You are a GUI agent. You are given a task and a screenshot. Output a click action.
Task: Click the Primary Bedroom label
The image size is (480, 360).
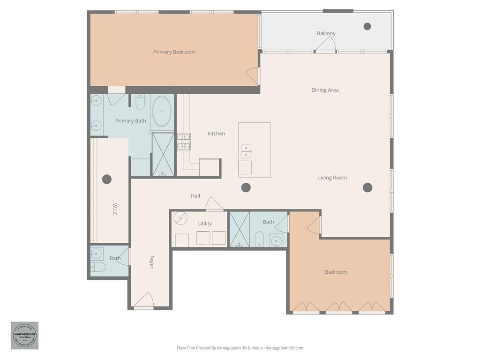tap(174, 52)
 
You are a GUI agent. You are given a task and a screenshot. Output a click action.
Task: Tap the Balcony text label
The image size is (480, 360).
tap(326, 33)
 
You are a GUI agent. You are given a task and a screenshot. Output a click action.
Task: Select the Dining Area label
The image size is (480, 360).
tap(325, 90)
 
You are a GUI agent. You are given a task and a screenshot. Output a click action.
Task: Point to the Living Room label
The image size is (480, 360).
tap(332, 178)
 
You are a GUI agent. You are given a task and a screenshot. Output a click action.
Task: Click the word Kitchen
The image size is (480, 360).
tap(216, 134)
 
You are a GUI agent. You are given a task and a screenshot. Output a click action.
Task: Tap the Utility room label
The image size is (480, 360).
tap(205, 224)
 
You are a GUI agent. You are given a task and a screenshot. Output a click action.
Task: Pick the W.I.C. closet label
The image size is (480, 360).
tap(115, 210)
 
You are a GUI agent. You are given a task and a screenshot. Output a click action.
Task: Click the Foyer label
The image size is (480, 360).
tap(151, 262)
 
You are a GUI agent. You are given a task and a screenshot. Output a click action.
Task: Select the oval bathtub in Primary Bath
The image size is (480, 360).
tap(162, 112)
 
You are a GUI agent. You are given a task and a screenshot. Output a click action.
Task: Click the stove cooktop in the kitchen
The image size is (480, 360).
tap(183, 141)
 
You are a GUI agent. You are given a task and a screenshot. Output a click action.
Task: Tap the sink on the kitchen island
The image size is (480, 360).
tap(246, 151)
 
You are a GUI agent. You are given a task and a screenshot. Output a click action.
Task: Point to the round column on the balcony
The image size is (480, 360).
tap(367, 26)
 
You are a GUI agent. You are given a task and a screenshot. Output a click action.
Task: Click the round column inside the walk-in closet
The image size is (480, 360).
tap(107, 179)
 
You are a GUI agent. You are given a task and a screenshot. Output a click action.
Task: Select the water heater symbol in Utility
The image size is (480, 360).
tap(180, 218)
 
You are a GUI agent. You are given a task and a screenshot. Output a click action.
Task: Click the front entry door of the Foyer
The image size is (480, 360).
tap(144, 301)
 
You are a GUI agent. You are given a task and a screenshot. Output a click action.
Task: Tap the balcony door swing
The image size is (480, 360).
tap(325, 44)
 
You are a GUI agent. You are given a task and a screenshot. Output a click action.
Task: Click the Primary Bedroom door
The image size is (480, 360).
tap(253, 75)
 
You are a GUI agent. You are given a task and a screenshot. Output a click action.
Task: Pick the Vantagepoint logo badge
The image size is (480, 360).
tap(25, 335)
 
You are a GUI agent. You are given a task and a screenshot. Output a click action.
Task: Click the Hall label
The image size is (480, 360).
tap(195, 196)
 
